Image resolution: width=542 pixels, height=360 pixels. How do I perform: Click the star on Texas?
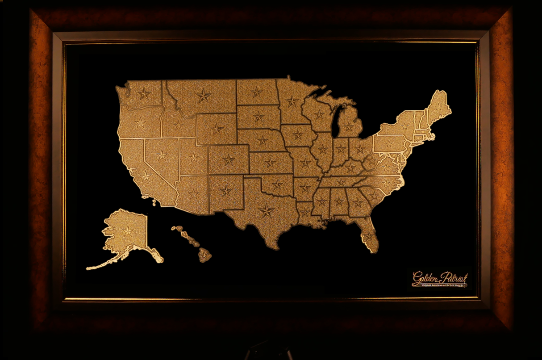point(267,211)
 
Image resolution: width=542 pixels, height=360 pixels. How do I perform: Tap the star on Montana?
point(204,95)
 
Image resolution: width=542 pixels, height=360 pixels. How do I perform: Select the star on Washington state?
point(144,94)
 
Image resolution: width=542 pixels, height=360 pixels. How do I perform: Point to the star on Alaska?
point(128,231)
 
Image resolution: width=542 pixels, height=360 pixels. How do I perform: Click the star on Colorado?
point(229,159)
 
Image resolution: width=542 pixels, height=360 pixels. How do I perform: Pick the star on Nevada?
point(161,155)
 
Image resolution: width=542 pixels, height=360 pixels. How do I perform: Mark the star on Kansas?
point(270,163)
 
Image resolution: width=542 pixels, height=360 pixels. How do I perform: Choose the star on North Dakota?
point(257,92)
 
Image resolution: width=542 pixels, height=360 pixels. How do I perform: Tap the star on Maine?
point(438,106)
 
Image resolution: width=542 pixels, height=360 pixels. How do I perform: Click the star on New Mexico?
point(226,191)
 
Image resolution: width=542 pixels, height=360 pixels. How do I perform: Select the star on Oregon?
point(140,122)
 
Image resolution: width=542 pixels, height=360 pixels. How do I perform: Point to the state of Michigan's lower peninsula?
point(349,125)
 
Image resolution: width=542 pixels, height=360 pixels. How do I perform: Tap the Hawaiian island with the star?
point(204,255)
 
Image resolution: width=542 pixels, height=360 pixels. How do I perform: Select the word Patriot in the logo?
point(453,277)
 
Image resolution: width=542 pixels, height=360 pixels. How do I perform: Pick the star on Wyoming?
point(217,129)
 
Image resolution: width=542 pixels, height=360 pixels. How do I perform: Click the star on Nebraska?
point(263,140)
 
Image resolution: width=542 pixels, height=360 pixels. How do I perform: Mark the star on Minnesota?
point(292,101)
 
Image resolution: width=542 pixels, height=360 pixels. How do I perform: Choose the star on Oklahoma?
point(278,184)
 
